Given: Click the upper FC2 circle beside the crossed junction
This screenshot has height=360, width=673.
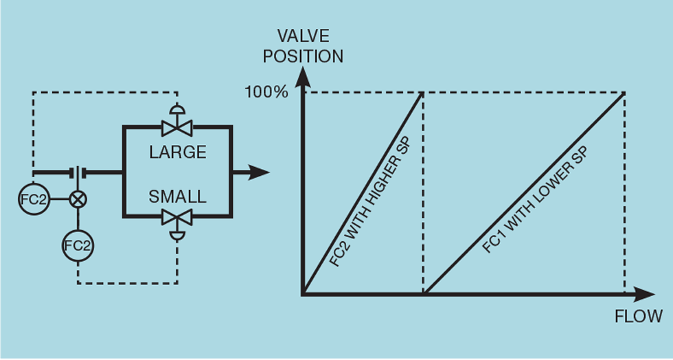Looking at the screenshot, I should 32,199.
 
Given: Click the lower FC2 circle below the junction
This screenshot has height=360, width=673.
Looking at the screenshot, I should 78,245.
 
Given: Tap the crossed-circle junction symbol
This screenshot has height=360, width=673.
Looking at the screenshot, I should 78,199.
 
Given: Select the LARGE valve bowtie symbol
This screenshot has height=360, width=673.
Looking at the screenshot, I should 177,127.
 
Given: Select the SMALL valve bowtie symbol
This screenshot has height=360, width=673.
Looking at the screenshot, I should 177,218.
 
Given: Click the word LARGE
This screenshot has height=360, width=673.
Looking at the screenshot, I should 178,151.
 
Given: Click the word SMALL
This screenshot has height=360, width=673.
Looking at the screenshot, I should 177,196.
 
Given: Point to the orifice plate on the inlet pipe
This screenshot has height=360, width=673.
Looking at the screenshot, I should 79,172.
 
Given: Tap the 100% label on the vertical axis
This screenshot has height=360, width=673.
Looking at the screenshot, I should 266,91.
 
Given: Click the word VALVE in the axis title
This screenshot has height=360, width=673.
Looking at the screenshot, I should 304,36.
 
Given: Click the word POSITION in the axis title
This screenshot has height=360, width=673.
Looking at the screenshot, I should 304,56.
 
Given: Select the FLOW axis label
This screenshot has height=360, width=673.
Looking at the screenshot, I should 639,317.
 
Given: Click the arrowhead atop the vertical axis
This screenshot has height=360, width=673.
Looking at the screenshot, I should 302,77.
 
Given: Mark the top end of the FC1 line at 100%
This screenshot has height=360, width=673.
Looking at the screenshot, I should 624,93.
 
